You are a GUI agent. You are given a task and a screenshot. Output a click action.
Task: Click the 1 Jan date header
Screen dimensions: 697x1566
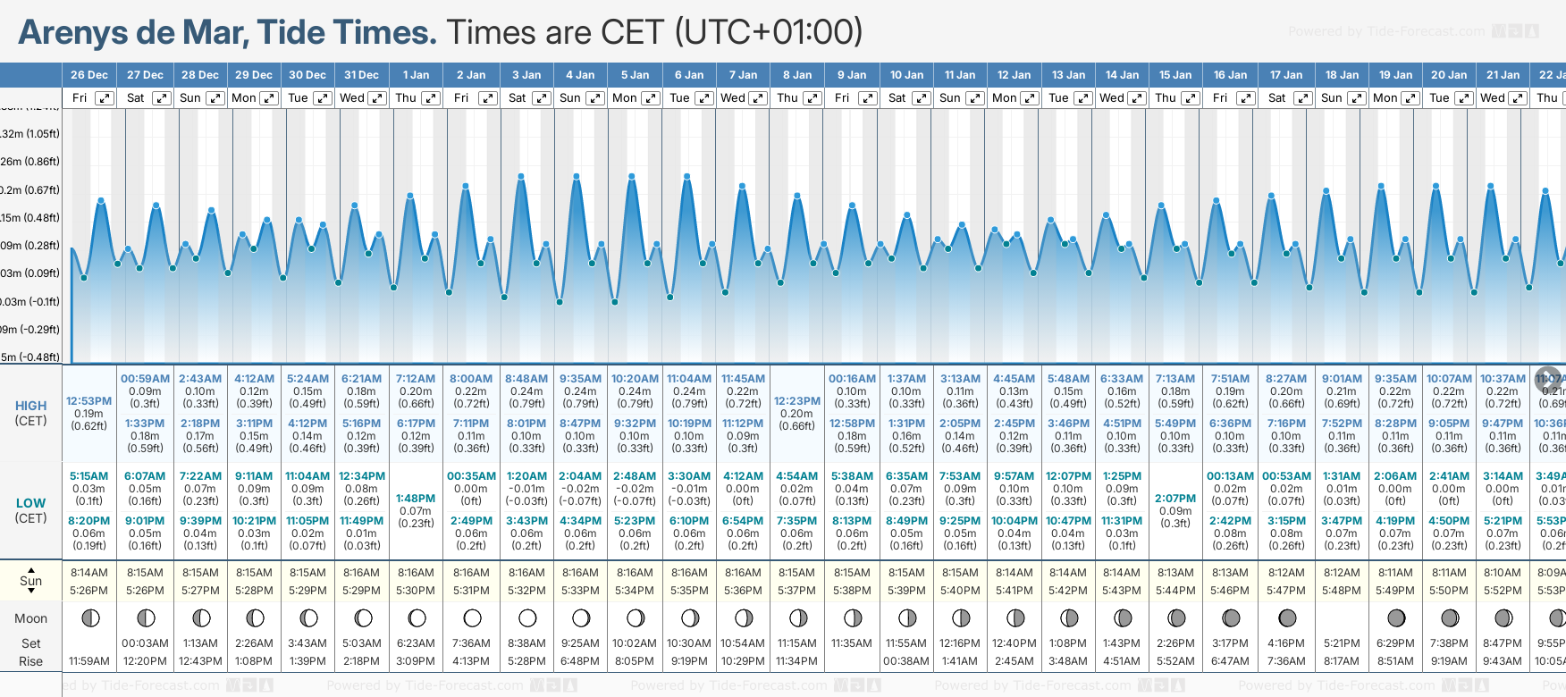(x=416, y=75)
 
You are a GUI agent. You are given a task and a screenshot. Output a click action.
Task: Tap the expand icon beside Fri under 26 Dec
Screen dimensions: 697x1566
(x=105, y=98)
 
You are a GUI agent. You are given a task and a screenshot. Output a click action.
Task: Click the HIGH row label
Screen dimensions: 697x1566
(x=31, y=406)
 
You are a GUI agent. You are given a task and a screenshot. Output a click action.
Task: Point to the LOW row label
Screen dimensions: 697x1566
(x=31, y=503)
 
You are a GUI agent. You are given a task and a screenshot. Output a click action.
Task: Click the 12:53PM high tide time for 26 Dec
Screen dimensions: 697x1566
(x=88, y=401)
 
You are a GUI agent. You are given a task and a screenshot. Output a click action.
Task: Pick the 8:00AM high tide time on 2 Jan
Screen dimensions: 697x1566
(x=471, y=379)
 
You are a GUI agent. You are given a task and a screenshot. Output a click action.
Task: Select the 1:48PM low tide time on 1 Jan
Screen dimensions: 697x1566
(x=416, y=499)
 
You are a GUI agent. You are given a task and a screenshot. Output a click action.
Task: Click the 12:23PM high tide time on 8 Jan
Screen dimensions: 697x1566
(x=796, y=401)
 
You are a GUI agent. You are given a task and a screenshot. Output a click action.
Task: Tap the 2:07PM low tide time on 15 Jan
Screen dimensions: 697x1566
(x=1175, y=499)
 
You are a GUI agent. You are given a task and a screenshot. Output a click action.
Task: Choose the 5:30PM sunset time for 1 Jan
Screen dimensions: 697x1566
(x=416, y=591)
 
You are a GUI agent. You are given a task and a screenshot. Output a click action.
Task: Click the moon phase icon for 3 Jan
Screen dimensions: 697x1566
(x=527, y=617)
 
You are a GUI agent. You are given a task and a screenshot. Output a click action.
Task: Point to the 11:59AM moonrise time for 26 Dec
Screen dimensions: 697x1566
(x=89, y=661)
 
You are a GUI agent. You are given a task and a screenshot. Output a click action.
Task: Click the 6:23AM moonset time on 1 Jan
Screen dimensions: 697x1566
(x=416, y=643)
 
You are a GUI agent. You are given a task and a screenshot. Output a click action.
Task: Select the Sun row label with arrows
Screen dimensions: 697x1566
(x=31, y=581)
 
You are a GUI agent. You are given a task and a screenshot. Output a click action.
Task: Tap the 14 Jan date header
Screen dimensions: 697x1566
(x=1122, y=75)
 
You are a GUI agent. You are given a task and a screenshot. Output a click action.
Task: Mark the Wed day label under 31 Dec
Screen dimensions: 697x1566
(x=352, y=98)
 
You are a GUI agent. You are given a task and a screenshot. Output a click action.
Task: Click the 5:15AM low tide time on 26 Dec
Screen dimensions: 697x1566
(x=88, y=476)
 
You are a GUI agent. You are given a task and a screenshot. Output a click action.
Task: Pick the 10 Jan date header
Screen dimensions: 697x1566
(x=906, y=75)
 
